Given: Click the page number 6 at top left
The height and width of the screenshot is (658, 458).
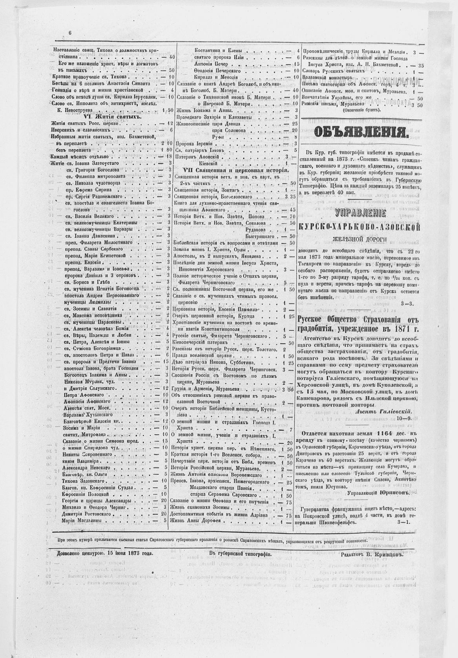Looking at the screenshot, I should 70,33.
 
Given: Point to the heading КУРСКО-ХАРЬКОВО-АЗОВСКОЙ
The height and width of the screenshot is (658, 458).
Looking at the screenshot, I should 359,227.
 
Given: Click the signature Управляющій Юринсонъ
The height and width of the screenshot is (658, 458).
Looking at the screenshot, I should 377,492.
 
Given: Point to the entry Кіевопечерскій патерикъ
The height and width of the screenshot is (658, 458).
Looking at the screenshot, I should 201,343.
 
